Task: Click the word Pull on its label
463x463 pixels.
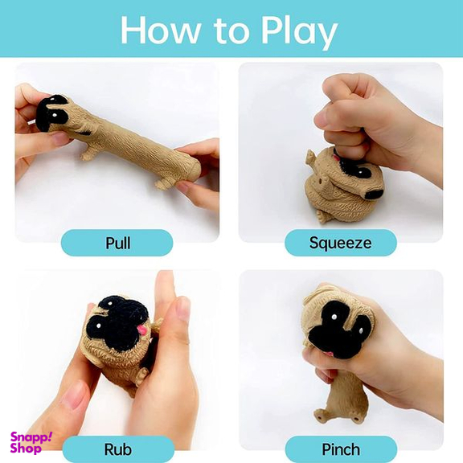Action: point(118,244)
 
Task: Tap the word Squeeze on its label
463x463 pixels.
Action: point(341,244)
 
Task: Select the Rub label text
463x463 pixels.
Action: point(118,449)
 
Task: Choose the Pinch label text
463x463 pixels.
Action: point(341,449)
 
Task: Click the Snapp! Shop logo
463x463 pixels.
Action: point(31,442)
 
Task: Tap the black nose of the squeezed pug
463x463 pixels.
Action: point(374,194)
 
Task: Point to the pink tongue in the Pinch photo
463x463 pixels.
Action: point(328,354)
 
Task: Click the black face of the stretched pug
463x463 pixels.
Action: point(51,113)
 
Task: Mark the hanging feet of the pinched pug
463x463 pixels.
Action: point(337,415)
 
